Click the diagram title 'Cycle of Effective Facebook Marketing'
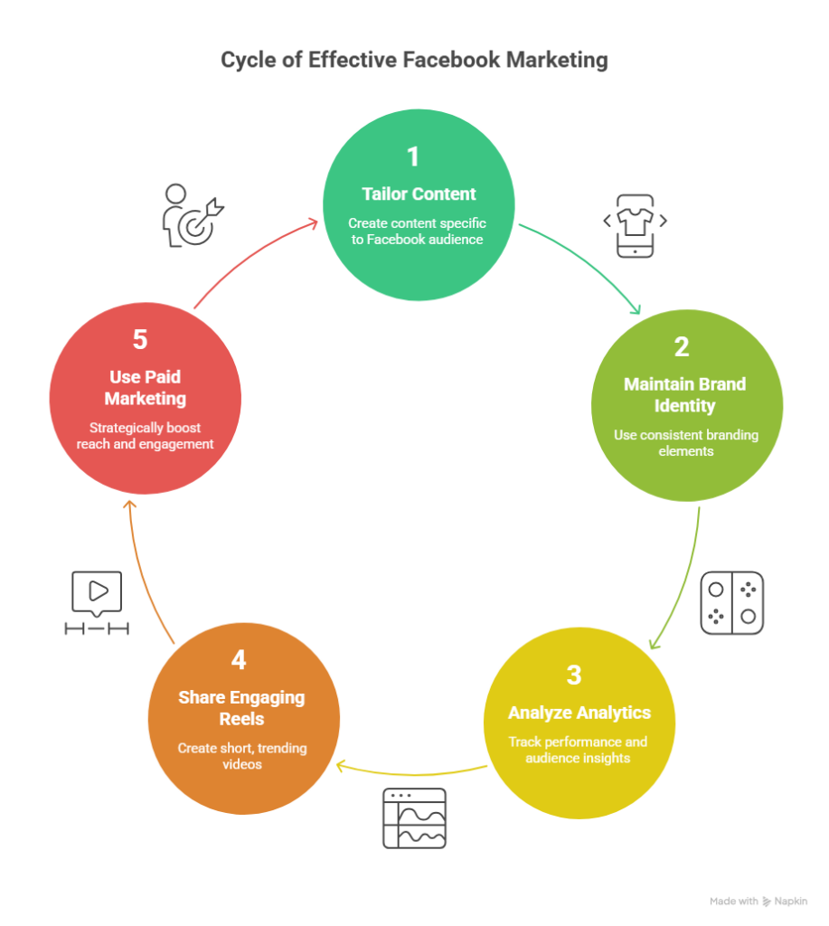coord(414,61)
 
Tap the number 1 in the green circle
coord(413,156)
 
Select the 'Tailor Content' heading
coord(419,194)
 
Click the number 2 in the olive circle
coord(682,347)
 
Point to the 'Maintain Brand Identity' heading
coord(684,393)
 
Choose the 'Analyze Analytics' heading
coord(579,713)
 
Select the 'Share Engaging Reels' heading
coord(241,708)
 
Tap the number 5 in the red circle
coord(140,340)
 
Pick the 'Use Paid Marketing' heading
coord(145,387)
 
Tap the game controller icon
coord(731,602)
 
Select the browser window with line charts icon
coord(414,817)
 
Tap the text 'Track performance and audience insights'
coord(578,750)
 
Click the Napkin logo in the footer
coord(767,902)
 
